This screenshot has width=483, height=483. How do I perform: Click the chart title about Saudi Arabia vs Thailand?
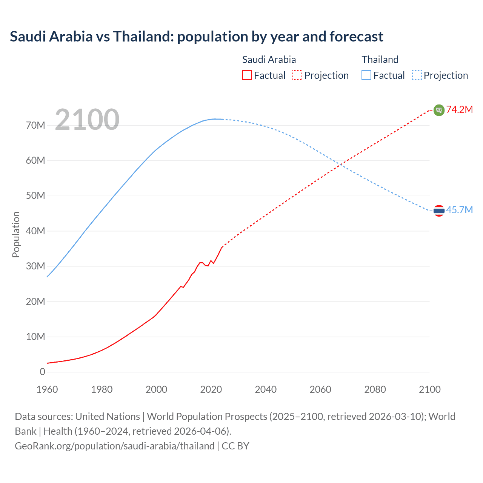coord(196,37)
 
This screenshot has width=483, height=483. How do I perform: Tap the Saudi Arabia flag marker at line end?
coord(439,110)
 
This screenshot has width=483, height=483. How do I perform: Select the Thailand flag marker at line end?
coord(439,211)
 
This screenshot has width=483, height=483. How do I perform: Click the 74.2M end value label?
coord(459,110)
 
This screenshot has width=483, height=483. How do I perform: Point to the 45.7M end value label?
coord(459,210)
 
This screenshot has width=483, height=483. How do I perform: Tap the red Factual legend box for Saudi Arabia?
coord(247,75)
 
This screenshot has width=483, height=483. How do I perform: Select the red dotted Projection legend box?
coord(297,75)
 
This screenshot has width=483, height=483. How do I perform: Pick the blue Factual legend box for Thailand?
coord(366,75)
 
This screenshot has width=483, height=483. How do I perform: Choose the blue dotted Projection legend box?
coord(417,75)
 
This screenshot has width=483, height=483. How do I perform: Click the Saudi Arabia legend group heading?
coord(269,60)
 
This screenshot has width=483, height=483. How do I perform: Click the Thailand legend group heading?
coord(380,60)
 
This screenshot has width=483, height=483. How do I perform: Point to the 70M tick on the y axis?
coord(35,125)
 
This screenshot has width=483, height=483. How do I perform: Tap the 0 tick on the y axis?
coord(42,372)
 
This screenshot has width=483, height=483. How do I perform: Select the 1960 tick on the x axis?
coord(47,389)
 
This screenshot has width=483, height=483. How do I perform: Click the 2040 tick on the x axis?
coord(266,389)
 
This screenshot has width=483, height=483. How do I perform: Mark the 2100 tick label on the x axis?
coord(429,389)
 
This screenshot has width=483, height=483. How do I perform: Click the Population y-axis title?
coord(16,234)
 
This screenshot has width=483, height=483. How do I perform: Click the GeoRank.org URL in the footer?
coord(115,446)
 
